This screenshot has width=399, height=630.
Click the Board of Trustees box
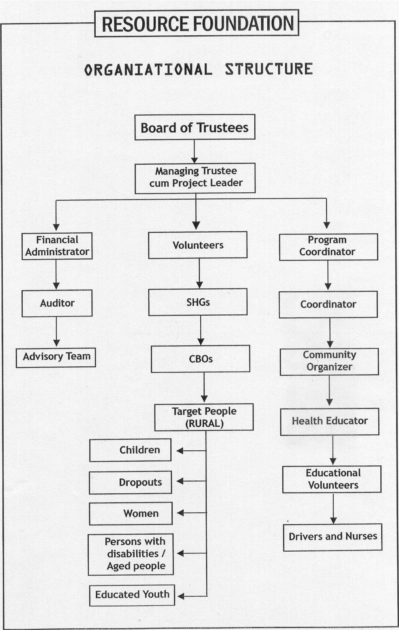point(195,127)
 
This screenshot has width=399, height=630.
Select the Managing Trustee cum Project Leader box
point(195,178)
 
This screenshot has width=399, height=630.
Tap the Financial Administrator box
point(57,246)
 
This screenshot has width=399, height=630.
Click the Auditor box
point(57,303)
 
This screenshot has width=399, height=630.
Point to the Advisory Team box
point(56,357)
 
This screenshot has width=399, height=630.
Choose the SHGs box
point(198,302)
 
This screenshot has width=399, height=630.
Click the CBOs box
point(200,359)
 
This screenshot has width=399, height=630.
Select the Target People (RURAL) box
point(204,417)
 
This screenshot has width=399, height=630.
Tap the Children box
point(131,450)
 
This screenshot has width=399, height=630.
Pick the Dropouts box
point(131,482)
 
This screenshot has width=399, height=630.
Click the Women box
point(131,514)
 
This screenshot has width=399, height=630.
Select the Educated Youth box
point(132,594)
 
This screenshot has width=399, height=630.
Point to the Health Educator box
point(330,421)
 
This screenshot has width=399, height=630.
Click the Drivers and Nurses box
point(332,537)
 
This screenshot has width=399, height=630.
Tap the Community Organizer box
point(329,362)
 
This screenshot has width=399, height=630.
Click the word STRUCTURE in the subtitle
point(269,69)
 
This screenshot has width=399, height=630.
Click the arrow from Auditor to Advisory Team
point(56,332)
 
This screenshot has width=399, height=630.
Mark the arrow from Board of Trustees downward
point(194,152)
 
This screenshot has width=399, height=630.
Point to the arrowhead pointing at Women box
point(180,513)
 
